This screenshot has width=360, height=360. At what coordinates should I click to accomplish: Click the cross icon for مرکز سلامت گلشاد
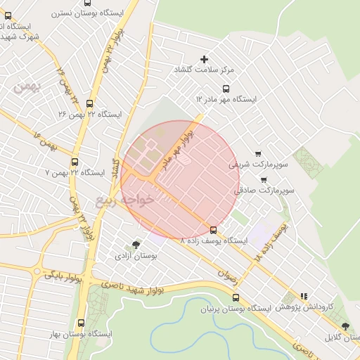(205, 59)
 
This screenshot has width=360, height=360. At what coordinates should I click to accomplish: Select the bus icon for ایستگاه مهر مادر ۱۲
(226, 89)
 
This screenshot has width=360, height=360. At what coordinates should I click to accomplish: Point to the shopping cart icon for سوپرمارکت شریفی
(257, 153)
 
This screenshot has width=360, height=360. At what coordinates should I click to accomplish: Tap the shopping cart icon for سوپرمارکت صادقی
(263, 179)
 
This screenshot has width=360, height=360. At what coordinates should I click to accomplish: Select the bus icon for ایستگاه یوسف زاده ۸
(213, 229)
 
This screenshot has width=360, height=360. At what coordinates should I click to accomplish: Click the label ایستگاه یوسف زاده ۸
(214, 240)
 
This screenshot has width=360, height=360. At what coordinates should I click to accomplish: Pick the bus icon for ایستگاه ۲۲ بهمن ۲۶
(89, 103)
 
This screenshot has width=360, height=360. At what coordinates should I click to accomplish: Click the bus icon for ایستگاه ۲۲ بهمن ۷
(75, 161)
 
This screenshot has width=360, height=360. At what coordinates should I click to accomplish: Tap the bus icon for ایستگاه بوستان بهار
(81, 323)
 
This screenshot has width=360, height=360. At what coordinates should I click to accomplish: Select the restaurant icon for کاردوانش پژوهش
(304, 297)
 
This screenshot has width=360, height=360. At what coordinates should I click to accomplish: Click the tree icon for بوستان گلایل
(345, 326)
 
